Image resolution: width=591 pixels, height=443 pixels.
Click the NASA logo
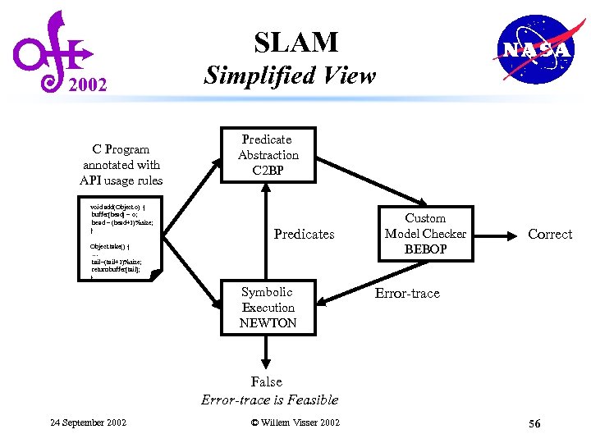[536, 50]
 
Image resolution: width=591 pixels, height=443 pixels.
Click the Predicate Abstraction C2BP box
[268, 155]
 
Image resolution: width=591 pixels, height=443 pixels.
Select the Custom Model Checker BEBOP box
[425, 234]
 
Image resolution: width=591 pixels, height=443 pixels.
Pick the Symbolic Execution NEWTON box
[268, 308]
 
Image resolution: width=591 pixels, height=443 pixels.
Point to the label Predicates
[304, 235]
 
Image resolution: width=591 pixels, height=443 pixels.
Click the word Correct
[549, 235]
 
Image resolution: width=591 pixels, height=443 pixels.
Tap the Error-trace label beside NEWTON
[407, 294]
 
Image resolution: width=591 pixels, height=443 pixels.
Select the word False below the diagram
[267, 382]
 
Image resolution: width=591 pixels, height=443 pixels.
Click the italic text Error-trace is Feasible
[269, 400]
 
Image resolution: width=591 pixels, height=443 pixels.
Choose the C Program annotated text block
[121, 165]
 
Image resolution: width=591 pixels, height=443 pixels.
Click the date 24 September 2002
[89, 422]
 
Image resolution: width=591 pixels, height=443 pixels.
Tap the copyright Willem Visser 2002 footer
[295, 422]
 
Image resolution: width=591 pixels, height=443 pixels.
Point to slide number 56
[534, 423]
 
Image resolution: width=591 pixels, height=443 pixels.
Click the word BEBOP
[425, 249]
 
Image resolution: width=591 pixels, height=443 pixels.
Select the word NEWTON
[268, 323]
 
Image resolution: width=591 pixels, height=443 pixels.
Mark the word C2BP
[268, 171]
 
